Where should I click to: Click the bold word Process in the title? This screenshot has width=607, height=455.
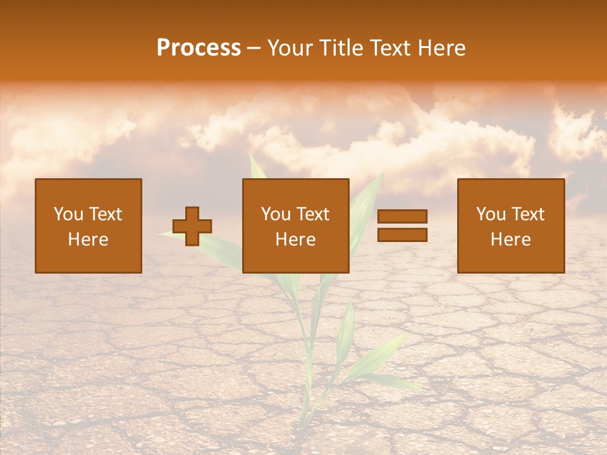(x=199, y=48)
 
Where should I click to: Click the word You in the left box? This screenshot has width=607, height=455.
(x=68, y=214)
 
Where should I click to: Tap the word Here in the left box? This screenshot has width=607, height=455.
(x=88, y=240)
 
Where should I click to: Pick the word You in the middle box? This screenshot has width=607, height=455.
(x=276, y=214)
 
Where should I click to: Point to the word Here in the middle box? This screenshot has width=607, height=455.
(x=295, y=240)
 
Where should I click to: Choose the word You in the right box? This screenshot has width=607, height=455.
(x=491, y=214)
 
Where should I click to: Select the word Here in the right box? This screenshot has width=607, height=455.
(x=510, y=240)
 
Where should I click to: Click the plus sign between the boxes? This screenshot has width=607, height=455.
(x=192, y=226)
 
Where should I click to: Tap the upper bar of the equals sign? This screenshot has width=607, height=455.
(x=402, y=216)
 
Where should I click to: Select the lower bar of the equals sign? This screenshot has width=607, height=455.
(x=402, y=234)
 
